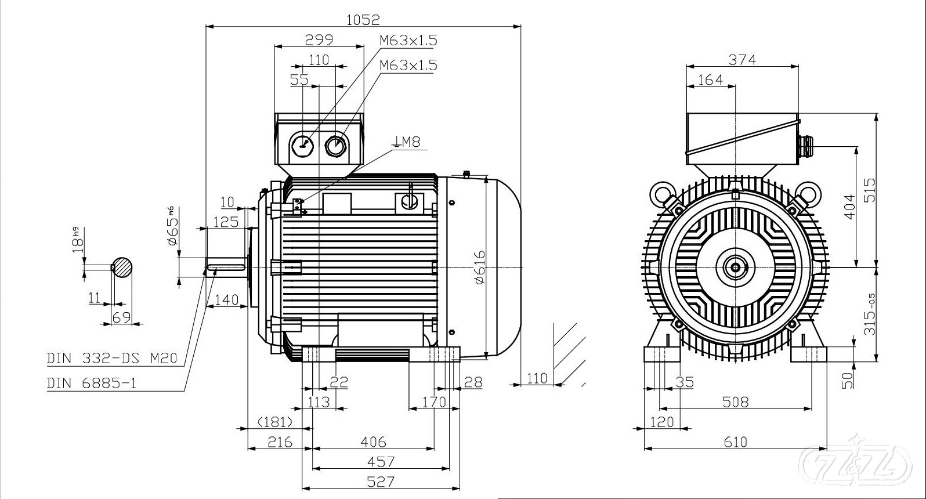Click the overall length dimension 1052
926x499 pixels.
(x=363, y=19)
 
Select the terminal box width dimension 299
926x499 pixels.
(x=319, y=39)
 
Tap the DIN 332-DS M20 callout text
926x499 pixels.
(x=111, y=359)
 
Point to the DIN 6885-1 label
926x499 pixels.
(x=92, y=384)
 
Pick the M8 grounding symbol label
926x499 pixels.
(x=407, y=142)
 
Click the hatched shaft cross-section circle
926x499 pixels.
(x=122, y=267)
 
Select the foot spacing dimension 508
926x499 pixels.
(x=736, y=402)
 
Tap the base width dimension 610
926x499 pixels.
(x=736, y=442)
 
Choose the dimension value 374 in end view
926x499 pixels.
(x=742, y=59)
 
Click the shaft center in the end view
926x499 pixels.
(x=736, y=267)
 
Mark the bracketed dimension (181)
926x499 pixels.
(x=274, y=422)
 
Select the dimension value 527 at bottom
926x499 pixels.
(x=381, y=481)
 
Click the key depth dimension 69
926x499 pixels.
(x=121, y=317)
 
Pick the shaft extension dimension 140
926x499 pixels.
(x=227, y=300)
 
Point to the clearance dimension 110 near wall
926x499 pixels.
(x=537, y=378)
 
